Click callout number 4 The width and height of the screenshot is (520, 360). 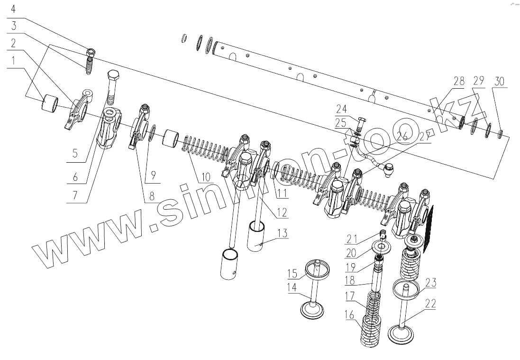click(x=13, y=9)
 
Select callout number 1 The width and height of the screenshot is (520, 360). click(x=13, y=60)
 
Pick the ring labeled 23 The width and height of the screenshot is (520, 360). click(x=407, y=288)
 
